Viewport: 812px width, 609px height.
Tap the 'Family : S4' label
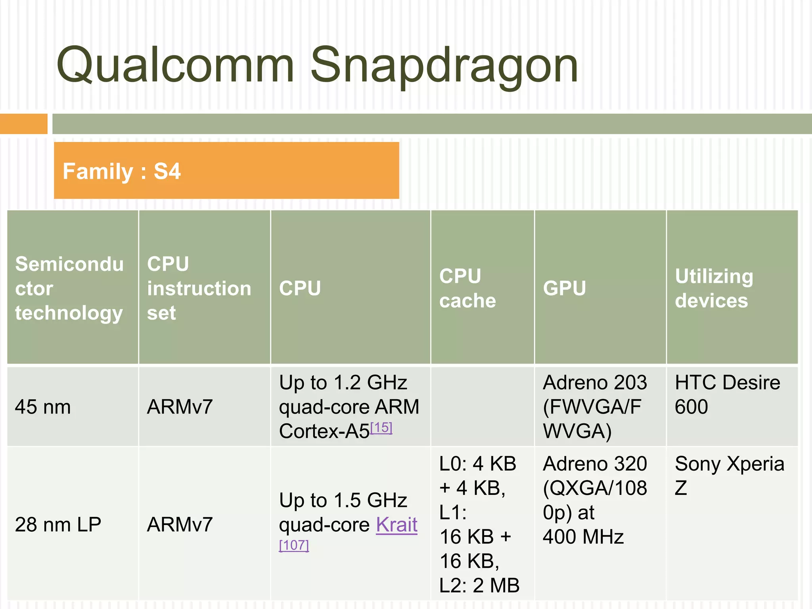[x=121, y=171]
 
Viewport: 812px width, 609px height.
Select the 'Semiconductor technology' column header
[x=69, y=288]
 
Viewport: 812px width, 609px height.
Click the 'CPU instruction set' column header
[x=199, y=288]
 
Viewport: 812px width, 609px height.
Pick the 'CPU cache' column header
[x=467, y=288]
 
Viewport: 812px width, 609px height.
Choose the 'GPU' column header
[x=564, y=288]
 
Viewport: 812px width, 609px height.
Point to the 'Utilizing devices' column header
[x=714, y=288]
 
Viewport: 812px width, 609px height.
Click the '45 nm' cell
[x=43, y=407]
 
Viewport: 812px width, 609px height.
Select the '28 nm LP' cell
[x=58, y=525]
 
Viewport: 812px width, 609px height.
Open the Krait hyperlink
[x=396, y=525]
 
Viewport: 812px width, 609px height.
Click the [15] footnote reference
[x=381, y=428]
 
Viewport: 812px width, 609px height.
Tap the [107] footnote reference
[x=294, y=546]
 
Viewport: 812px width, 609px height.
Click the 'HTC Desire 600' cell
[x=727, y=395]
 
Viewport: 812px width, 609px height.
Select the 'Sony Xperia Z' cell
[x=729, y=475]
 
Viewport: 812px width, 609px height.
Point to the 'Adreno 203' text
[x=595, y=383]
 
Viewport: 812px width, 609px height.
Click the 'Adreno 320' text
[x=595, y=464]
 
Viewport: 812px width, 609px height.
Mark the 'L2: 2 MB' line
[x=479, y=586]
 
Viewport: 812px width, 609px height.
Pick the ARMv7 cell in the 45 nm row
[x=180, y=407]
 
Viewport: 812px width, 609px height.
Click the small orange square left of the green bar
[x=23, y=124]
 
